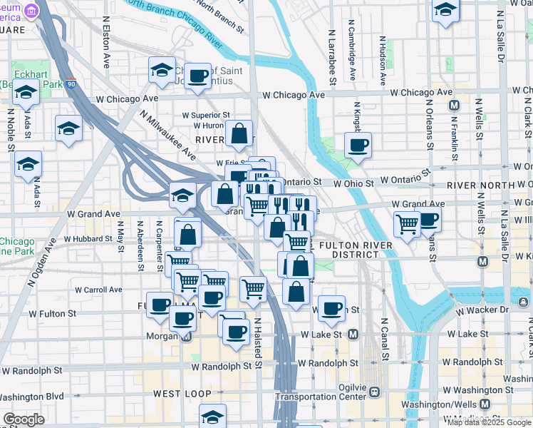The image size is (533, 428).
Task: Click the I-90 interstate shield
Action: pos(70,83)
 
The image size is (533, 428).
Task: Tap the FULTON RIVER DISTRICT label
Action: pos(349,250)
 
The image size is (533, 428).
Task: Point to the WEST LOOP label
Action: pos(182,394)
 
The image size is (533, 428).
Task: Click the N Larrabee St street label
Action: pos(332,57)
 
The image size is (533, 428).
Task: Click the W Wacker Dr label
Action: pos(484,310)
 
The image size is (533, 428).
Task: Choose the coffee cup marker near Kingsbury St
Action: pos(358,146)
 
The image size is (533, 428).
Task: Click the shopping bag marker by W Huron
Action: pos(239,132)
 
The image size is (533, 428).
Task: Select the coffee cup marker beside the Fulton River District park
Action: pos(331,308)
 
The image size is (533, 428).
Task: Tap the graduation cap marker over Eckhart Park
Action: pos(26,93)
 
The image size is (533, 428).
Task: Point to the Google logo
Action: pos(24,419)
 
